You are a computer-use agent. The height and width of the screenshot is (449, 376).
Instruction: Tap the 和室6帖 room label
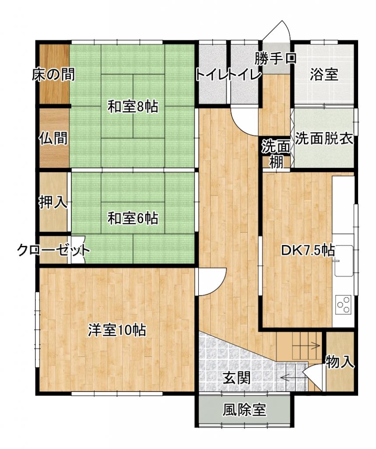point(133,218)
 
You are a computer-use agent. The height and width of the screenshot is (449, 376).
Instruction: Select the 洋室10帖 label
point(117,330)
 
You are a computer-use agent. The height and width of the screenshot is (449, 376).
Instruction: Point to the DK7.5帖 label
point(308,250)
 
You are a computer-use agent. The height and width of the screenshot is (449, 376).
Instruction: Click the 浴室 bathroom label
point(324,74)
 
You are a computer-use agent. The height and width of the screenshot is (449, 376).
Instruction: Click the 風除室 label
point(245,410)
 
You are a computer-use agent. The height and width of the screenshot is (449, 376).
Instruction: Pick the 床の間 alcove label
point(53,74)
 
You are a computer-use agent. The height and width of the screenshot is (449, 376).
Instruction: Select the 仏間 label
point(53,138)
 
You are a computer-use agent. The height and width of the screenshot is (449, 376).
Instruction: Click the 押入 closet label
point(53,203)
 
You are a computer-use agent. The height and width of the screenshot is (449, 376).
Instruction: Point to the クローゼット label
point(53,250)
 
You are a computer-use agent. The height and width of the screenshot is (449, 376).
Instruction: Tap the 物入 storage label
point(340,362)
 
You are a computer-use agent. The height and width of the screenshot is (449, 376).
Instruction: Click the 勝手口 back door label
point(275,58)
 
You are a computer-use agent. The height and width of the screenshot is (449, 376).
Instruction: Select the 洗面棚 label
point(276,154)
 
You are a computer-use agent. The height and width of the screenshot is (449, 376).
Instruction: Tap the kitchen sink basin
point(344,260)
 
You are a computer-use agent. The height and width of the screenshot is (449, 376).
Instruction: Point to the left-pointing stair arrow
point(292,378)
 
